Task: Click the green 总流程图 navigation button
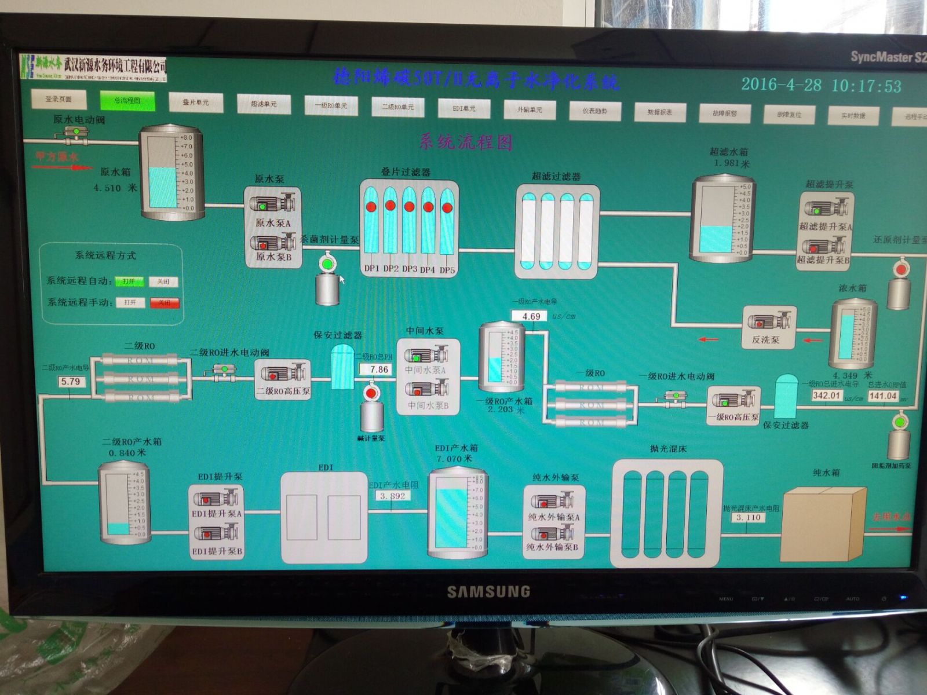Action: coord(127,101)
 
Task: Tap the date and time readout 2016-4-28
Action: coord(821,85)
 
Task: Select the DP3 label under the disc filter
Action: coord(410,269)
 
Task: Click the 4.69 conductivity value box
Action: coord(531,316)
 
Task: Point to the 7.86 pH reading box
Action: coord(378,370)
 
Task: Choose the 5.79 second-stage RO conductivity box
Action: coord(71,382)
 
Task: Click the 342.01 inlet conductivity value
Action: coord(826,396)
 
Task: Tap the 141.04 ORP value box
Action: coord(882,396)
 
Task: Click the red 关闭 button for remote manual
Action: coord(165,302)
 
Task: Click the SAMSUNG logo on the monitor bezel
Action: coord(488,591)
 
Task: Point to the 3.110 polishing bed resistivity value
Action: coord(748,518)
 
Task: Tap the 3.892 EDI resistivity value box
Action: coord(392,496)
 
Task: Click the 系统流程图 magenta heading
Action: coord(465,142)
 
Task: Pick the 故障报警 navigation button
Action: coord(725,114)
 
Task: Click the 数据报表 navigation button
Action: coord(660,112)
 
